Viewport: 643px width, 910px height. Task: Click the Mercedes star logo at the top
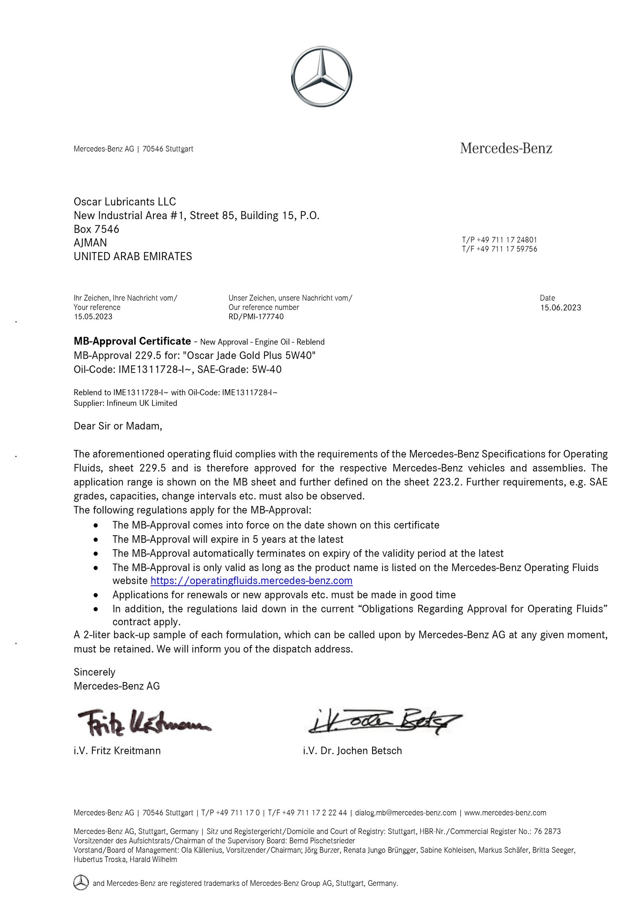pos(321,76)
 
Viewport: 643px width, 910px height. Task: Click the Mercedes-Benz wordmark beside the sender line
pos(506,148)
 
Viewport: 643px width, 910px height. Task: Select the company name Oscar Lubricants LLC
pos(125,201)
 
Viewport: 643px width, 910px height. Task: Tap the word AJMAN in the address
pos(90,242)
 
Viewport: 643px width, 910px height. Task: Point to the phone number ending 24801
pos(499,240)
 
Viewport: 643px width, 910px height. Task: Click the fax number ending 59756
pos(499,249)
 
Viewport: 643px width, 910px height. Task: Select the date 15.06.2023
pos(560,308)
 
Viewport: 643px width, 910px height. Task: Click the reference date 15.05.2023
pos(93,316)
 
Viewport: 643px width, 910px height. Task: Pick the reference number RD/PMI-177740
pos(256,316)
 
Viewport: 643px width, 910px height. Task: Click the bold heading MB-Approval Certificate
pos(132,341)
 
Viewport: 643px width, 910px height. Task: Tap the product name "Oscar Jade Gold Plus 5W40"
pos(249,355)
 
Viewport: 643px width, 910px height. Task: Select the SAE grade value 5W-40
pos(266,369)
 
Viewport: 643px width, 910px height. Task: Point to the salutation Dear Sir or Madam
pos(118,426)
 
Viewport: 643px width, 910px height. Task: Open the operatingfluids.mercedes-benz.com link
pos(252,581)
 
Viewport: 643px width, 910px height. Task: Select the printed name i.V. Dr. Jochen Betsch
pos(352,750)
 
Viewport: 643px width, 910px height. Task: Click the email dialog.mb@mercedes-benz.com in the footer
pos(405,809)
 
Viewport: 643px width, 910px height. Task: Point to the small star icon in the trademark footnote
pos(81,883)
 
